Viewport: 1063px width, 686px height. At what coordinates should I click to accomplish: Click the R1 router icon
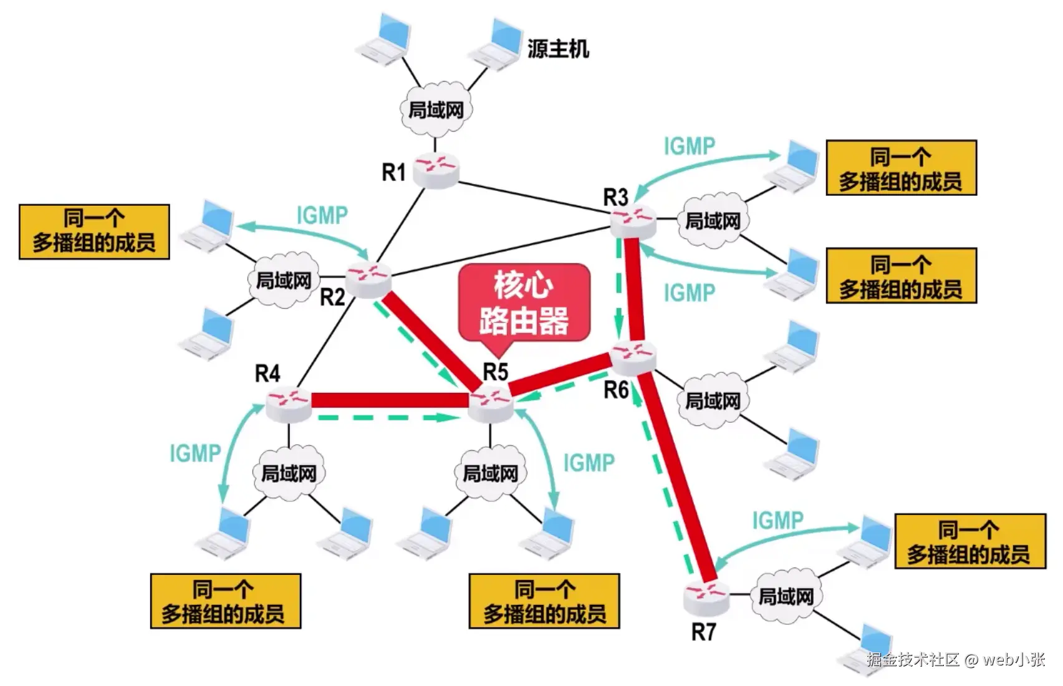click(438, 170)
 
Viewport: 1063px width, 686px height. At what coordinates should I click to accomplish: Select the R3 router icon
click(633, 221)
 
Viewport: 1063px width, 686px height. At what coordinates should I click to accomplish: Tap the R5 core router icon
click(491, 403)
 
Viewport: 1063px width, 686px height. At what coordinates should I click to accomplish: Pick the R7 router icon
click(705, 597)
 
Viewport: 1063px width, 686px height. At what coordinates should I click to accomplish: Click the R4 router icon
click(288, 403)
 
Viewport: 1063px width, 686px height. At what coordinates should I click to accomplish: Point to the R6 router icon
click(633, 357)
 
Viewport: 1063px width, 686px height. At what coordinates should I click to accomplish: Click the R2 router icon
click(368, 279)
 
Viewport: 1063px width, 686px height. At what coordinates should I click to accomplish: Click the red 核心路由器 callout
click(524, 303)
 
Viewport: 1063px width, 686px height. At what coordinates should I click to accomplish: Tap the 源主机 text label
click(558, 49)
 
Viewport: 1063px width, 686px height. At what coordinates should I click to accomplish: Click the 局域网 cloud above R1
click(436, 110)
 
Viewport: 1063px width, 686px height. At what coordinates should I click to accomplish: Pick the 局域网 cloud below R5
click(490, 473)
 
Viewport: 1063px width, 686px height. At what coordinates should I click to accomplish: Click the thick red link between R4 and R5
click(390, 400)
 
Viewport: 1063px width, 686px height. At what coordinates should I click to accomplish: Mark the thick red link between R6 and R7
click(680, 474)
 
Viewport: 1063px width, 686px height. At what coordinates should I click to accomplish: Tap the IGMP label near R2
click(322, 215)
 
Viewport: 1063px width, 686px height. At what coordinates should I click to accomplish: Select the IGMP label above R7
click(777, 520)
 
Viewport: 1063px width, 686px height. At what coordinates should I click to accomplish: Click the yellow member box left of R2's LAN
click(94, 231)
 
